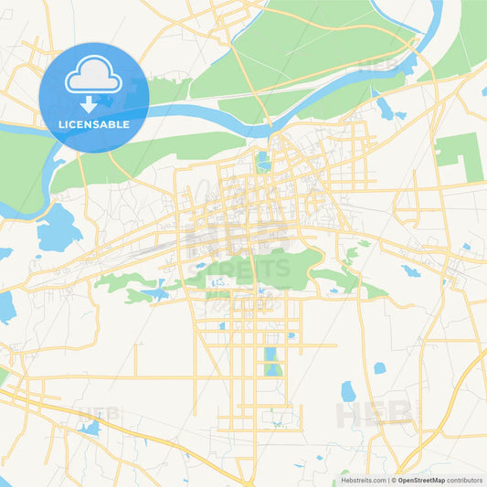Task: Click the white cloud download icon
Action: coord(93,80)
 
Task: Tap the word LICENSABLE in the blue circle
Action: coord(93,124)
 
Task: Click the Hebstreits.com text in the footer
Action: coord(364,480)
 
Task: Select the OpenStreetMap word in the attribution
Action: coord(420,480)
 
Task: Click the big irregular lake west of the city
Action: coord(58,228)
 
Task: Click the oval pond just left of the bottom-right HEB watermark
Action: coord(347,391)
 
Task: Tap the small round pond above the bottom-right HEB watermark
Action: coord(379,368)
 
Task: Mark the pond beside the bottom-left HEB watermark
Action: coord(90,428)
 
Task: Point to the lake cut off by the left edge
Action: coord(5,308)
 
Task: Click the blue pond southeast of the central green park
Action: coord(410,271)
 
